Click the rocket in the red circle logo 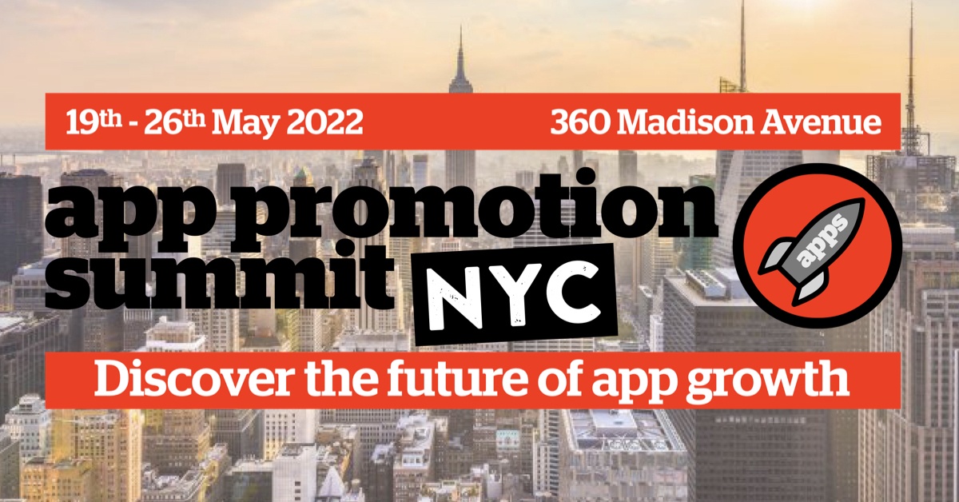(x=811, y=250)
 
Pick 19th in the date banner (x=94, y=122)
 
